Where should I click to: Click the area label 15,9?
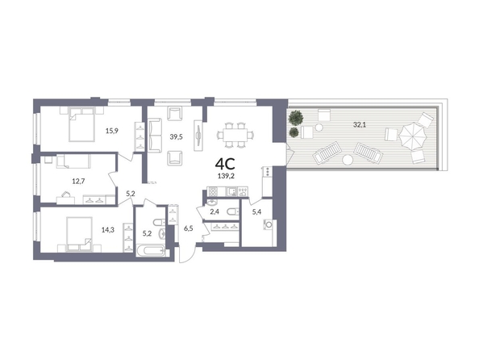(112, 131)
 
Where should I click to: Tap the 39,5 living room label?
(177, 136)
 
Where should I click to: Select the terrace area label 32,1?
(360, 124)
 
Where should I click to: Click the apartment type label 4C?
(225, 164)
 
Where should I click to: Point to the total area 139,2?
(226, 176)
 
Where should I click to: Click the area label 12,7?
(78, 181)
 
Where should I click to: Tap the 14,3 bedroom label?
(108, 230)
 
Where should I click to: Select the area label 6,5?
(188, 228)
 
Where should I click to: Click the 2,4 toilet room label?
(215, 211)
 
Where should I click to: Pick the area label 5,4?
(256, 211)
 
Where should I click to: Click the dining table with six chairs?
(235, 135)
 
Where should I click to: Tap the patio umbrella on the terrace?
(413, 136)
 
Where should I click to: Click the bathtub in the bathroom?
(151, 251)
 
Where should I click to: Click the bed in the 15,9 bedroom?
(81, 123)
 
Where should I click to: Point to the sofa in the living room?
(155, 135)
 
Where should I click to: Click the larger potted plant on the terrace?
(296, 118)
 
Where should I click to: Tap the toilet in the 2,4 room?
(232, 211)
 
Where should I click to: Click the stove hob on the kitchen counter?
(212, 191)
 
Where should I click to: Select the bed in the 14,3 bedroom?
(79, 234)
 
